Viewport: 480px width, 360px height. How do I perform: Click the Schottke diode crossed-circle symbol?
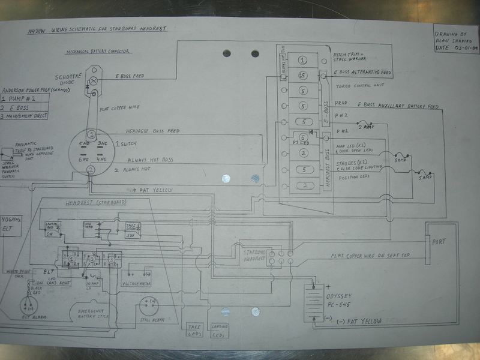coord(94,79)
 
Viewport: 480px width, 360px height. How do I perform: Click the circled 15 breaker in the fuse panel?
coord(303,76)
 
